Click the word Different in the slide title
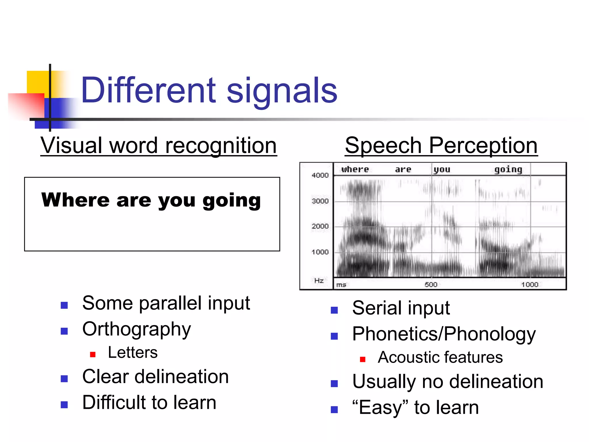pos(148,91)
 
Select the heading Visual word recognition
pos(158,146)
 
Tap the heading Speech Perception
pos(441,146)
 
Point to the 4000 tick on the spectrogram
pos(320,175)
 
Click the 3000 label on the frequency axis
pos(320,201)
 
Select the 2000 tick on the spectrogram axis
pos(320,226)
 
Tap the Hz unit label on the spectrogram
pos(319,281)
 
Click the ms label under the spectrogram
pos(341,285)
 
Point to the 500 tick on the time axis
pos(431,285)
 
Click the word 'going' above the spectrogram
pos(508,170)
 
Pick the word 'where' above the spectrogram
pos(355,169)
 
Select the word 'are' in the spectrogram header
pos(403,169)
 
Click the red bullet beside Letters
pos(93,355)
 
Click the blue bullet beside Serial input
pos(334,310)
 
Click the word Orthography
pos(137,329)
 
